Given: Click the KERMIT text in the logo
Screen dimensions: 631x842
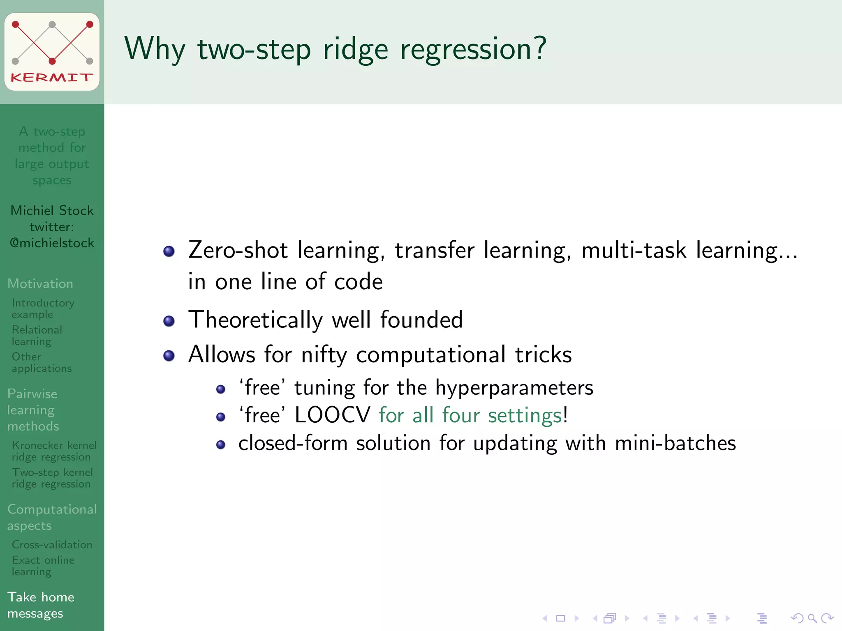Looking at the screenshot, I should (51, 77).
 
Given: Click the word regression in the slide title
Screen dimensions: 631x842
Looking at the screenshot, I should (473, 49).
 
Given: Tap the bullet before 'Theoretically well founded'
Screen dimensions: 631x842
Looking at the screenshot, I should (169, 321).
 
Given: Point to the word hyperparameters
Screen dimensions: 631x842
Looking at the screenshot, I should (514, 388).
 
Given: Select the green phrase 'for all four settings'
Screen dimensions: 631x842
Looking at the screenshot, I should (470, 415).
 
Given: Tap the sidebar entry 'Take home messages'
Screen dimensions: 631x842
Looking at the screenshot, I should (41, 605).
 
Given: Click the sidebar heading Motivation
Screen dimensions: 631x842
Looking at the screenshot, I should (40, 283).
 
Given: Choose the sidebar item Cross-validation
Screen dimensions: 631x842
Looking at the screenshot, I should (52, 545).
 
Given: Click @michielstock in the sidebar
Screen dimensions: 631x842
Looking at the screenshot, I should (52, 243).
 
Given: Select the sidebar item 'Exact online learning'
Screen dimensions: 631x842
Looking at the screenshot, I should (43, 566).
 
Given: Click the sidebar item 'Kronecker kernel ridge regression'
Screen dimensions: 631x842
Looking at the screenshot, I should (53, 451).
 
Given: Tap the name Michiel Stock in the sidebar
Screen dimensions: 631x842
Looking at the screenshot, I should (52, 210).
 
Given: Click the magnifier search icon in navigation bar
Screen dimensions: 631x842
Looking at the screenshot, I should (812, 618).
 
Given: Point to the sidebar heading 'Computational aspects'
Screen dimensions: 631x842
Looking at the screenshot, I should (52, 517).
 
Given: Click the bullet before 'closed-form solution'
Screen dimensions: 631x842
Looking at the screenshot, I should (221, 444).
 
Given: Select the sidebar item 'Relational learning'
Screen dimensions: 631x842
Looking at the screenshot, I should (37, 336).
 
